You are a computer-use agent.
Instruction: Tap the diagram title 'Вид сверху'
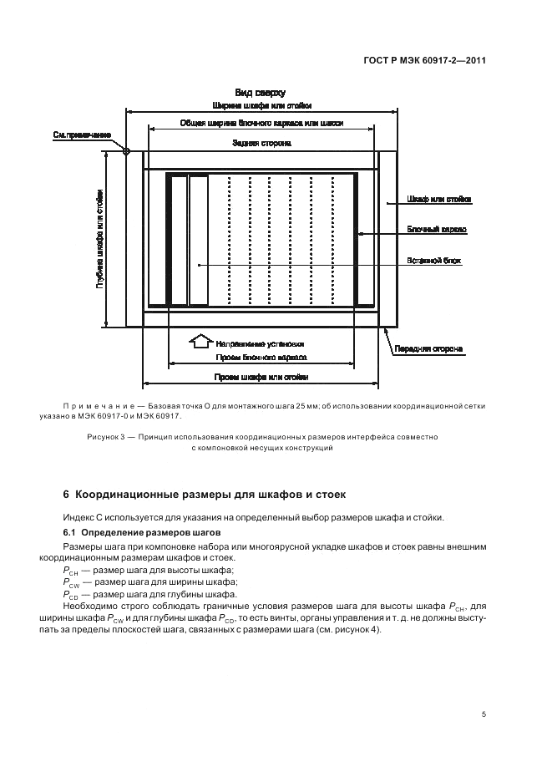click(x=260, y=93)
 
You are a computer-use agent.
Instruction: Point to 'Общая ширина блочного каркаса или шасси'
click(x=261, y=122)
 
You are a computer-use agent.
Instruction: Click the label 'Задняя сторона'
click(x=261, y=143)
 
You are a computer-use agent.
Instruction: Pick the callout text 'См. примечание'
click(x=82, y=135)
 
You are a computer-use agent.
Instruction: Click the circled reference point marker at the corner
click(x=126, y=151)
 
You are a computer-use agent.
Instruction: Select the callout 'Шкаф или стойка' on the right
click(x=438, y=200)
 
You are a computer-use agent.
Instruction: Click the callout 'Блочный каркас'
click(x=436, y=229)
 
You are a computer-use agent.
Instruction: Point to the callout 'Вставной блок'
click(x=434, y=260)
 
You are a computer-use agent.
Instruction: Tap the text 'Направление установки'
click(x=260, y=343)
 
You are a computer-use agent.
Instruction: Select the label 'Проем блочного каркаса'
click(x=261, y=357)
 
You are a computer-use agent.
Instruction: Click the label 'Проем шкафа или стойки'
click(x=261, y=377)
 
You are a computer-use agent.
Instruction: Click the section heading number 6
click(x=67, y=495)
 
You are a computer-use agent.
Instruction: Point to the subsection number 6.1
click(x=70, y=532)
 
